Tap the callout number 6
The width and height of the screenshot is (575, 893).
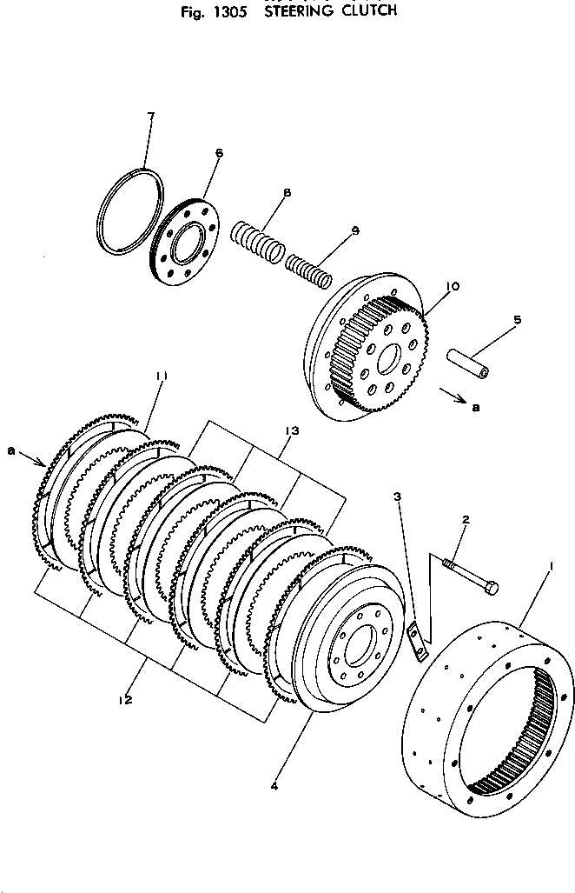pyautogui.click(x=218, y=153)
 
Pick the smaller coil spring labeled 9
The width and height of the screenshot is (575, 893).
pyautogui.click(x=309, y=268)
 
